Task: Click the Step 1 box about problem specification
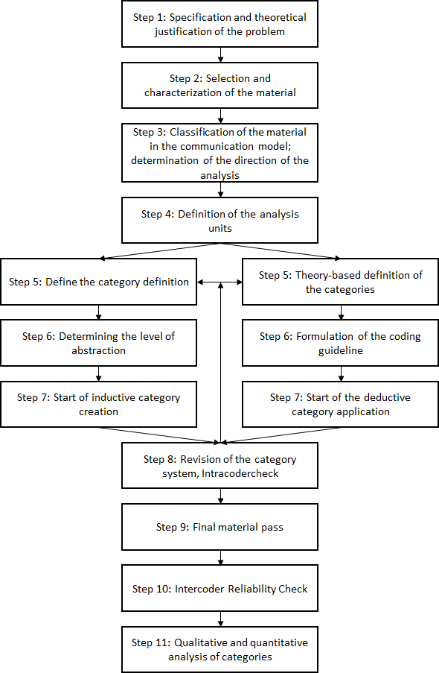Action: click(x=219, y=25)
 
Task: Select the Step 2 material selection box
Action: click(x=219, y=86)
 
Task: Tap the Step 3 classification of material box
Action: click(x=219, y=153)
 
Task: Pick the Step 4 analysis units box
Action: click(x=219, y=221)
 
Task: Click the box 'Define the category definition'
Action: click(x=99, y=282)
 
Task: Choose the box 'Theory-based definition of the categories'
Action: click(x=341, y=282)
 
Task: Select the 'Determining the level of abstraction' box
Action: click(x=99, y=343)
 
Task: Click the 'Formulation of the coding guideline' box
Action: click(x=341, y=343)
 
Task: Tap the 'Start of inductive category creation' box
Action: click(x=99, y=404)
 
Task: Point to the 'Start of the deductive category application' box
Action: click(x=341, y=404)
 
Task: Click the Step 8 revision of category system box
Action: click(x=219, y=466)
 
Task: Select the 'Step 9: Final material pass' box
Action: click(x=219, y=527)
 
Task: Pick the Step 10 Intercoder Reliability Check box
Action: click(x=219, y=588)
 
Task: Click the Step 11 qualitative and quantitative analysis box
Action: click(x=219, y=649)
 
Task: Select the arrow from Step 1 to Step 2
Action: click(x=220, y=55)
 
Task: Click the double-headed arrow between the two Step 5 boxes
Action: click(x=220, y=282)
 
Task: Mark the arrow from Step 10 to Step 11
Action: click(x=220, y=619)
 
